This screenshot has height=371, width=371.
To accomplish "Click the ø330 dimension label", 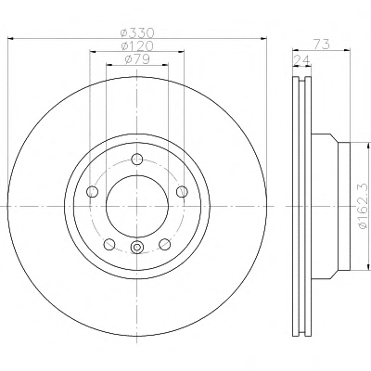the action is click(x=137, y=32).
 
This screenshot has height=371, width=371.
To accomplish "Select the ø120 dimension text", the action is click(x=137, y=45).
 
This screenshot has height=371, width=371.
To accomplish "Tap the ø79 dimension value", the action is click(x=137, y=58).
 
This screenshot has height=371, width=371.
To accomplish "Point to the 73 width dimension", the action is click(x=322, y=45).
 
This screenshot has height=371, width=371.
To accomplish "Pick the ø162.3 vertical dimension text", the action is click(x=364, y=206).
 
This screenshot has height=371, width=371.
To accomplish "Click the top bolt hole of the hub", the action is click(x=137, y=160).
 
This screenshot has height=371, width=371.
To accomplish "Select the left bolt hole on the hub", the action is click(x=93, y=192).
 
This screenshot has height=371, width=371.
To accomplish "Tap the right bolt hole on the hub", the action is click(x=182, y=192).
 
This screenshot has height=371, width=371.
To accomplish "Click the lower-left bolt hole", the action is click(x=109, y=244).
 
